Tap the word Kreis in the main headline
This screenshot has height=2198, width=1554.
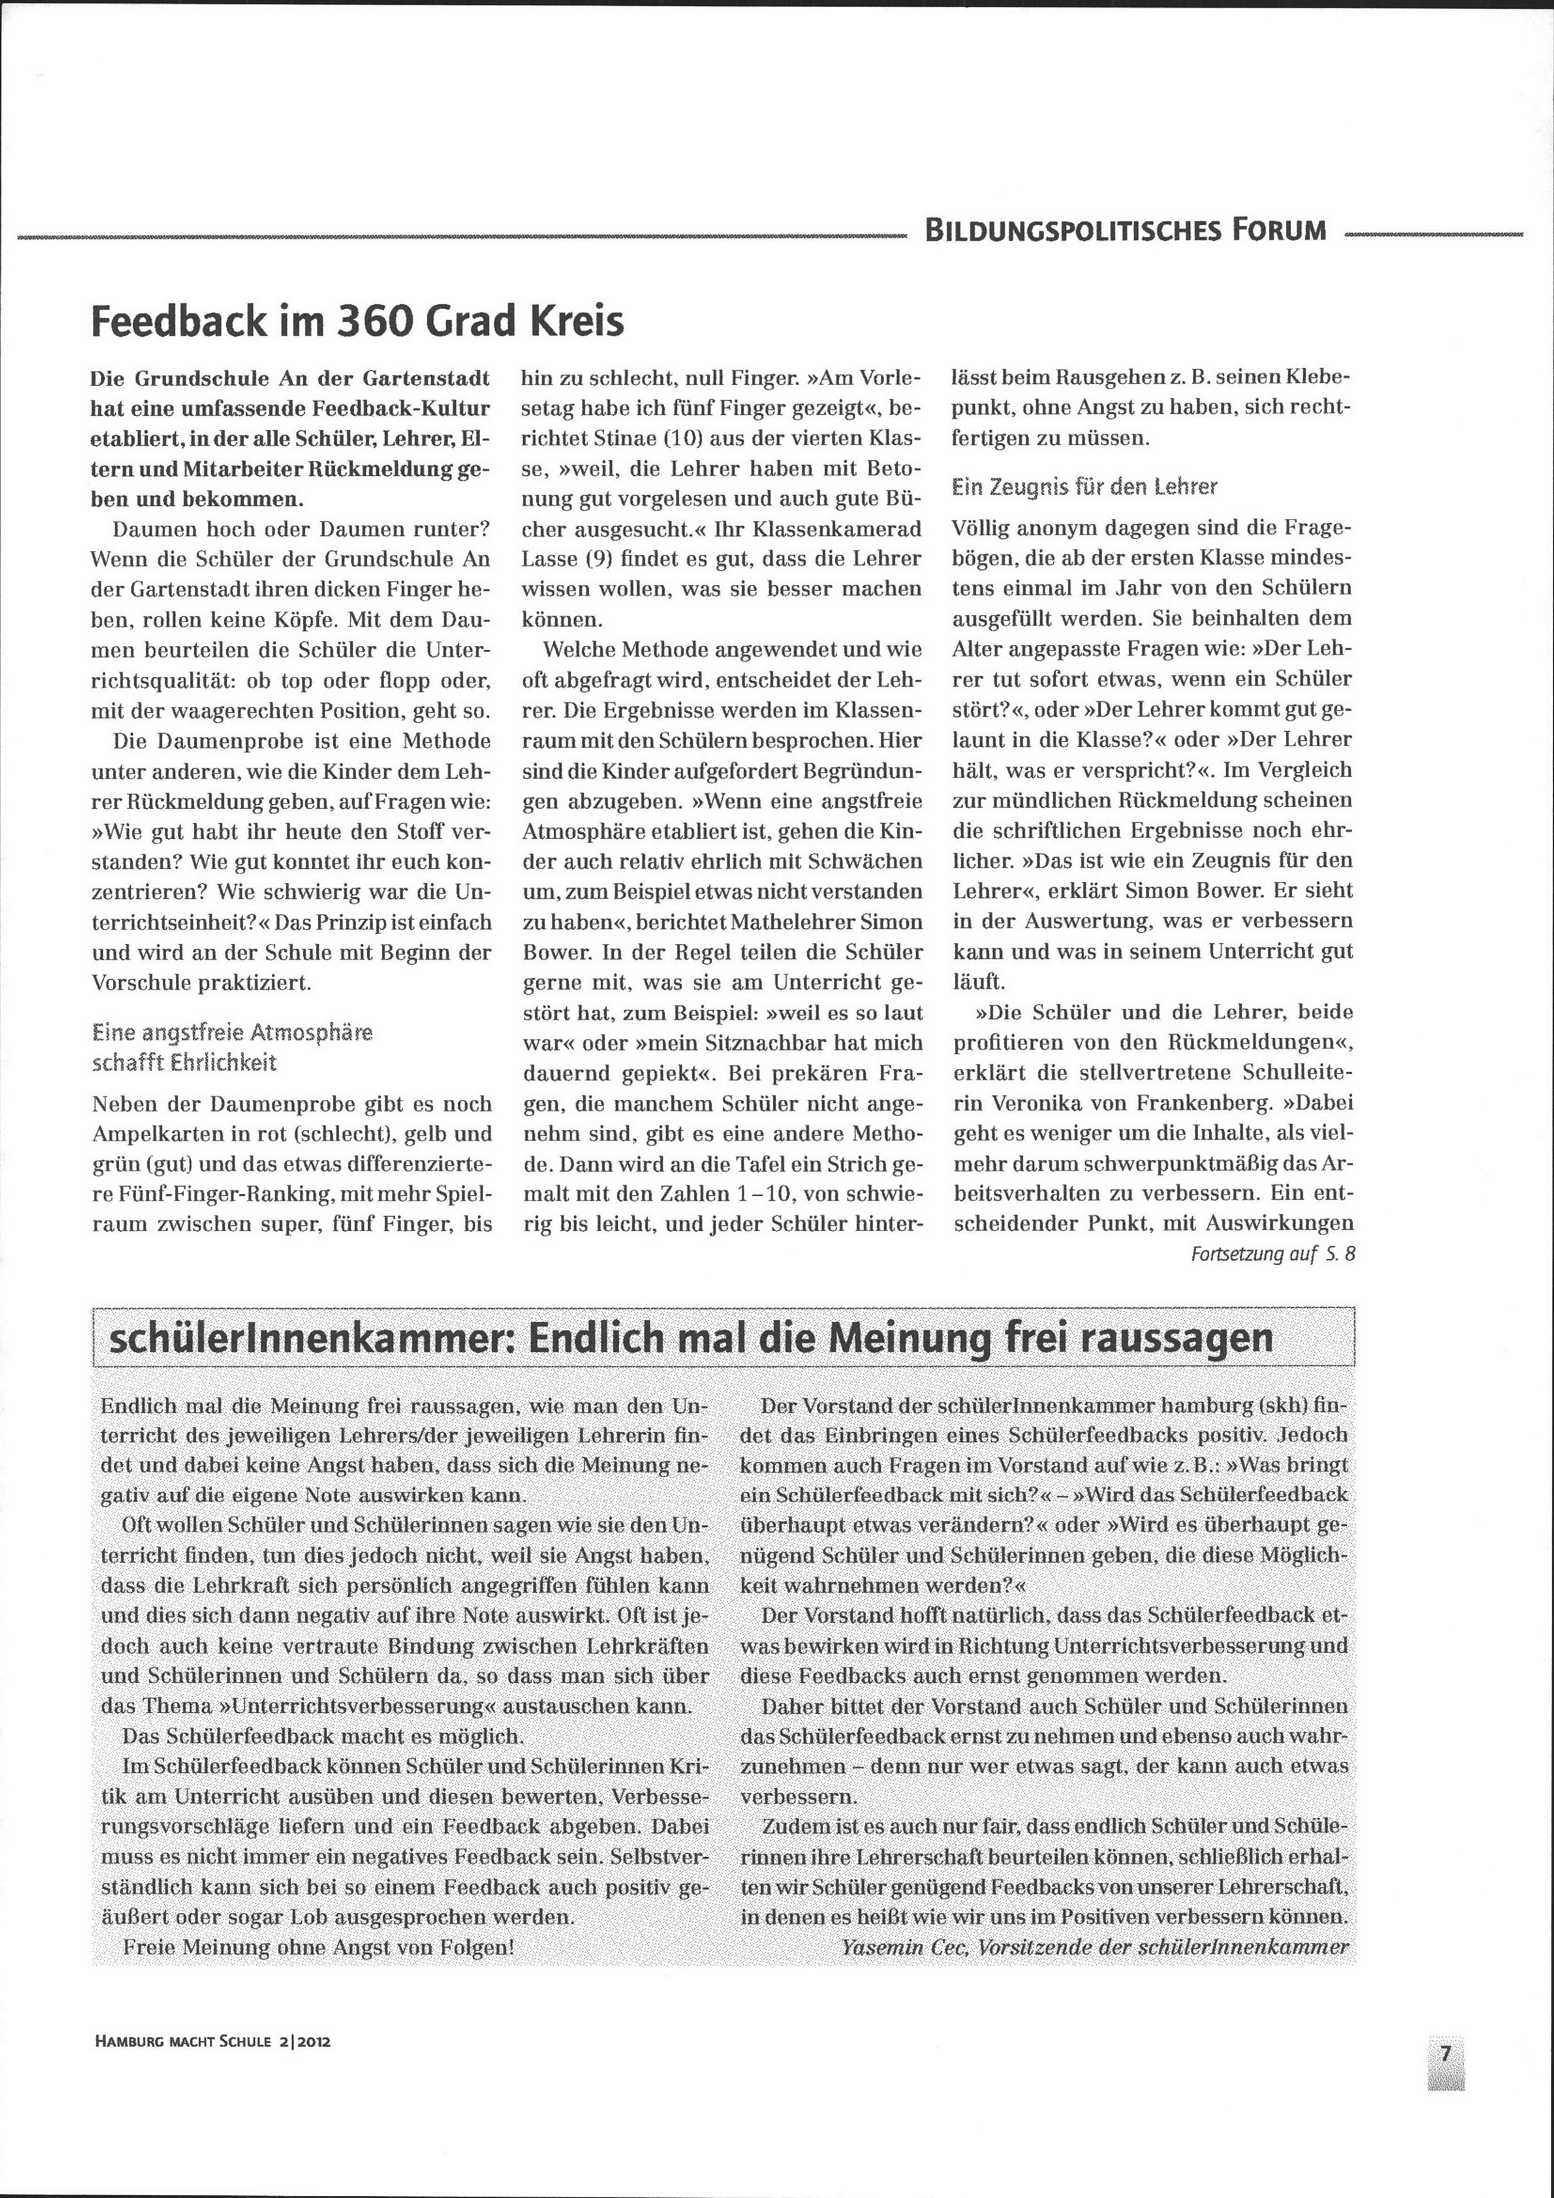coord(575,321)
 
